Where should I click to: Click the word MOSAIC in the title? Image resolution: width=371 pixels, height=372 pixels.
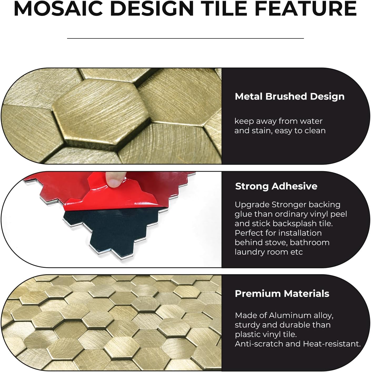pos(58,8)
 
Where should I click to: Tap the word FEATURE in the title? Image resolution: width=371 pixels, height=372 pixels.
pos(305,8)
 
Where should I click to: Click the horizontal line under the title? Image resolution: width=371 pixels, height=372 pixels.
pos(185,38)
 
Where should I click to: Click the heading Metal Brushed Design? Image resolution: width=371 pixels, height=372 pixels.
pos(289,96)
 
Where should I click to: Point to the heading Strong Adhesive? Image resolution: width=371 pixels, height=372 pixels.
pos(276,186)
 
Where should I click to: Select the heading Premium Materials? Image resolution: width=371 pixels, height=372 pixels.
pos(282,294)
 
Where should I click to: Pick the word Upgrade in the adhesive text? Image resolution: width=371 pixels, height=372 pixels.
pos(252,205)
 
